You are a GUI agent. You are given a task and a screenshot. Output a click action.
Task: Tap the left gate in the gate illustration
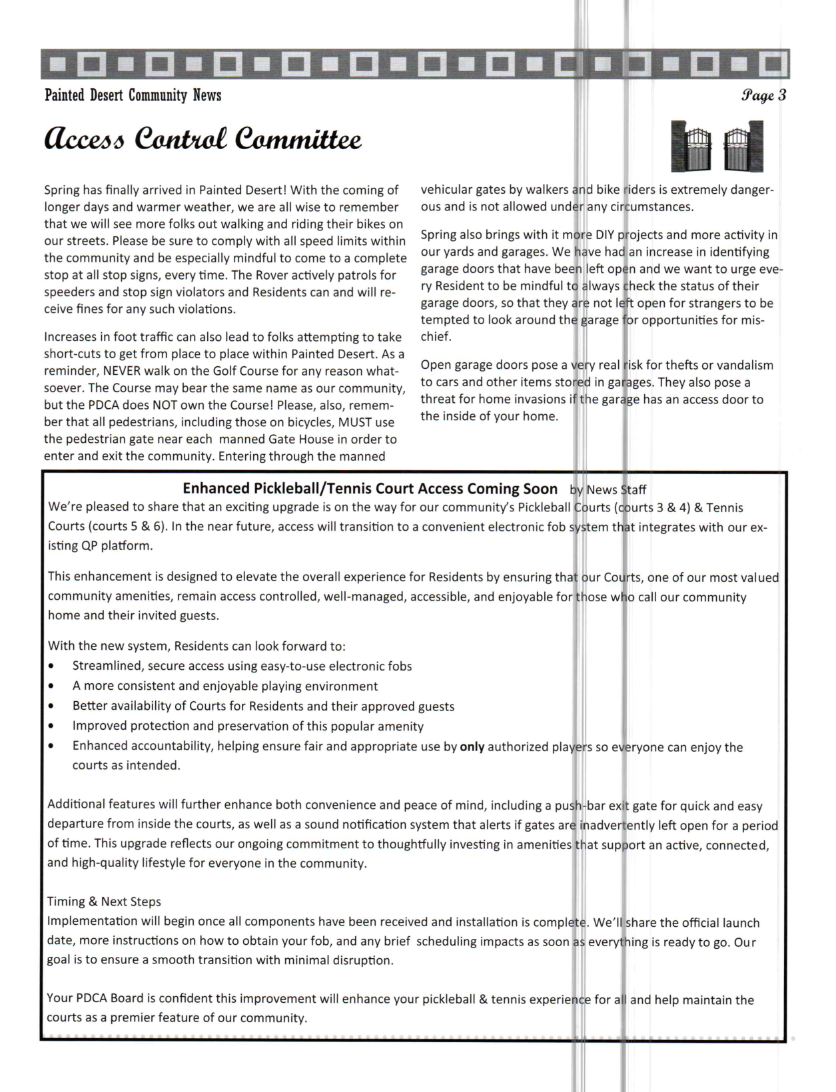(691, 146)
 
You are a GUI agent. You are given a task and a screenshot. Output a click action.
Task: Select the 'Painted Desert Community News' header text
(133, 95)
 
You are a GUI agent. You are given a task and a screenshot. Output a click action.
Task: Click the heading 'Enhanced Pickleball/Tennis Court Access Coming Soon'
(370, 489)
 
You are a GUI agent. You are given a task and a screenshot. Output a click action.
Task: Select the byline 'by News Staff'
(608, 490)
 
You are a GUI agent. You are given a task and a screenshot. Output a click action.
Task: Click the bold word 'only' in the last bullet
(472, 747)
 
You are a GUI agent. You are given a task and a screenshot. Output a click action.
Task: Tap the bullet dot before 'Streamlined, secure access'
(51, 667)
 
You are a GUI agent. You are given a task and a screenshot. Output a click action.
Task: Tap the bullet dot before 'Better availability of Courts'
(51, 706)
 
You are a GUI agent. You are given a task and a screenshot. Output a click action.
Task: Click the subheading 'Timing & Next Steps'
(104, 902)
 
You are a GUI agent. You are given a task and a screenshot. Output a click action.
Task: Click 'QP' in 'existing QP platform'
(89, 546)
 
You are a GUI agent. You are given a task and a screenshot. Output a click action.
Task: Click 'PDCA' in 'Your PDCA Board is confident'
(90, 999)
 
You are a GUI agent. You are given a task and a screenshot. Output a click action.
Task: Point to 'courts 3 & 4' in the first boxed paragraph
(651, 508)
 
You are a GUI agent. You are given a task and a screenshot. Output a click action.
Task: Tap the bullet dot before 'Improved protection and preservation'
(51, 726)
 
